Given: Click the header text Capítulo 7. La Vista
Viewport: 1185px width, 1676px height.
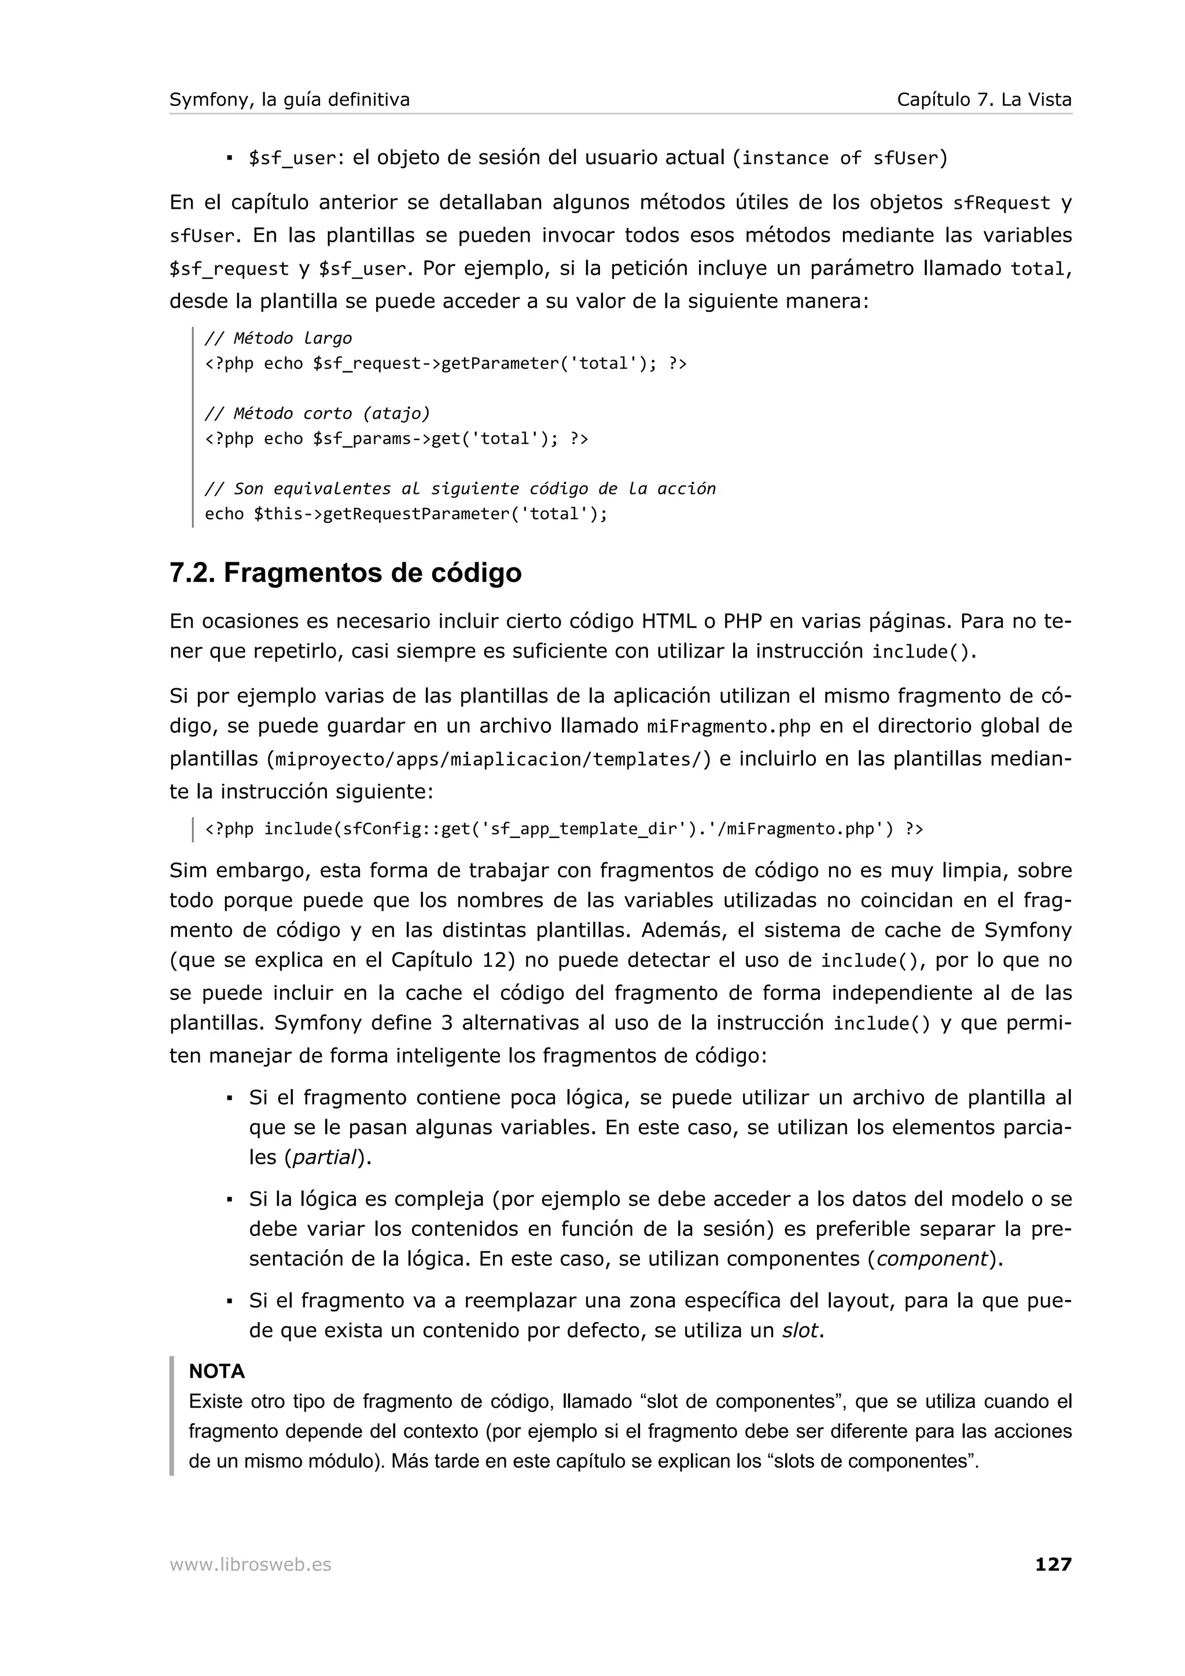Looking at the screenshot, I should point(984,100).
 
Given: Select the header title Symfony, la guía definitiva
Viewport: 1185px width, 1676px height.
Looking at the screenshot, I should point(290,100).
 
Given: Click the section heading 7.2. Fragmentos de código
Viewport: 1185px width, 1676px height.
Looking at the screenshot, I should point(345,573).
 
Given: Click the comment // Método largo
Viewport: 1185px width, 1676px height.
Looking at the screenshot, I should point(278,338).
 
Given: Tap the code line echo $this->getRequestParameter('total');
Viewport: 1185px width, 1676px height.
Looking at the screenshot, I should point(406,514).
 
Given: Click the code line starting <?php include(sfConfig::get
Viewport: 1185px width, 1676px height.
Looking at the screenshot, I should point(564,829).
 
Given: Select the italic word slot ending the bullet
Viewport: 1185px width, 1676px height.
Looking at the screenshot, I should point(798,1331).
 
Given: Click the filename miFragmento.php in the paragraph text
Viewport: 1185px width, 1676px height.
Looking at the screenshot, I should point(728,727).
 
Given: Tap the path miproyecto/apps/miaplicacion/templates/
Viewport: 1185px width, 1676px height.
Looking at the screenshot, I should point(488,760).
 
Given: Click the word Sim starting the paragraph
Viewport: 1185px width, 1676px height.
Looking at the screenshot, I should point(189,870).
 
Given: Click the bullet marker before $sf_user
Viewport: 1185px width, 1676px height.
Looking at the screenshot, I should point(229,158).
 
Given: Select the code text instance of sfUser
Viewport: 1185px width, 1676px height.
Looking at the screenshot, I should point(839,158).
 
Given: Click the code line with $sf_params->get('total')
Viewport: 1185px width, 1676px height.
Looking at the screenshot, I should point(396,439).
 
